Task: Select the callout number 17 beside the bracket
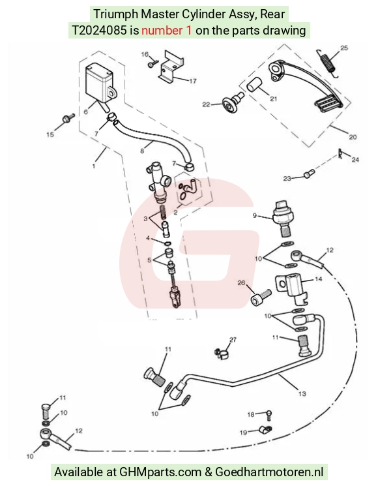pos(192,81)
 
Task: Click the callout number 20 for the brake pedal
pos(353,137)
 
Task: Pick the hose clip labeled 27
pos(222,354)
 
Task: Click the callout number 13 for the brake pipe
pos(302,393)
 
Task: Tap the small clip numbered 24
pos(341,154)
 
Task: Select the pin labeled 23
pos(310,174)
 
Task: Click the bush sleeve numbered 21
pos(254,85)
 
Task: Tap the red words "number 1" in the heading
pos(167,31)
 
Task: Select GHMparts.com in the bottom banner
pos(160,472)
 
